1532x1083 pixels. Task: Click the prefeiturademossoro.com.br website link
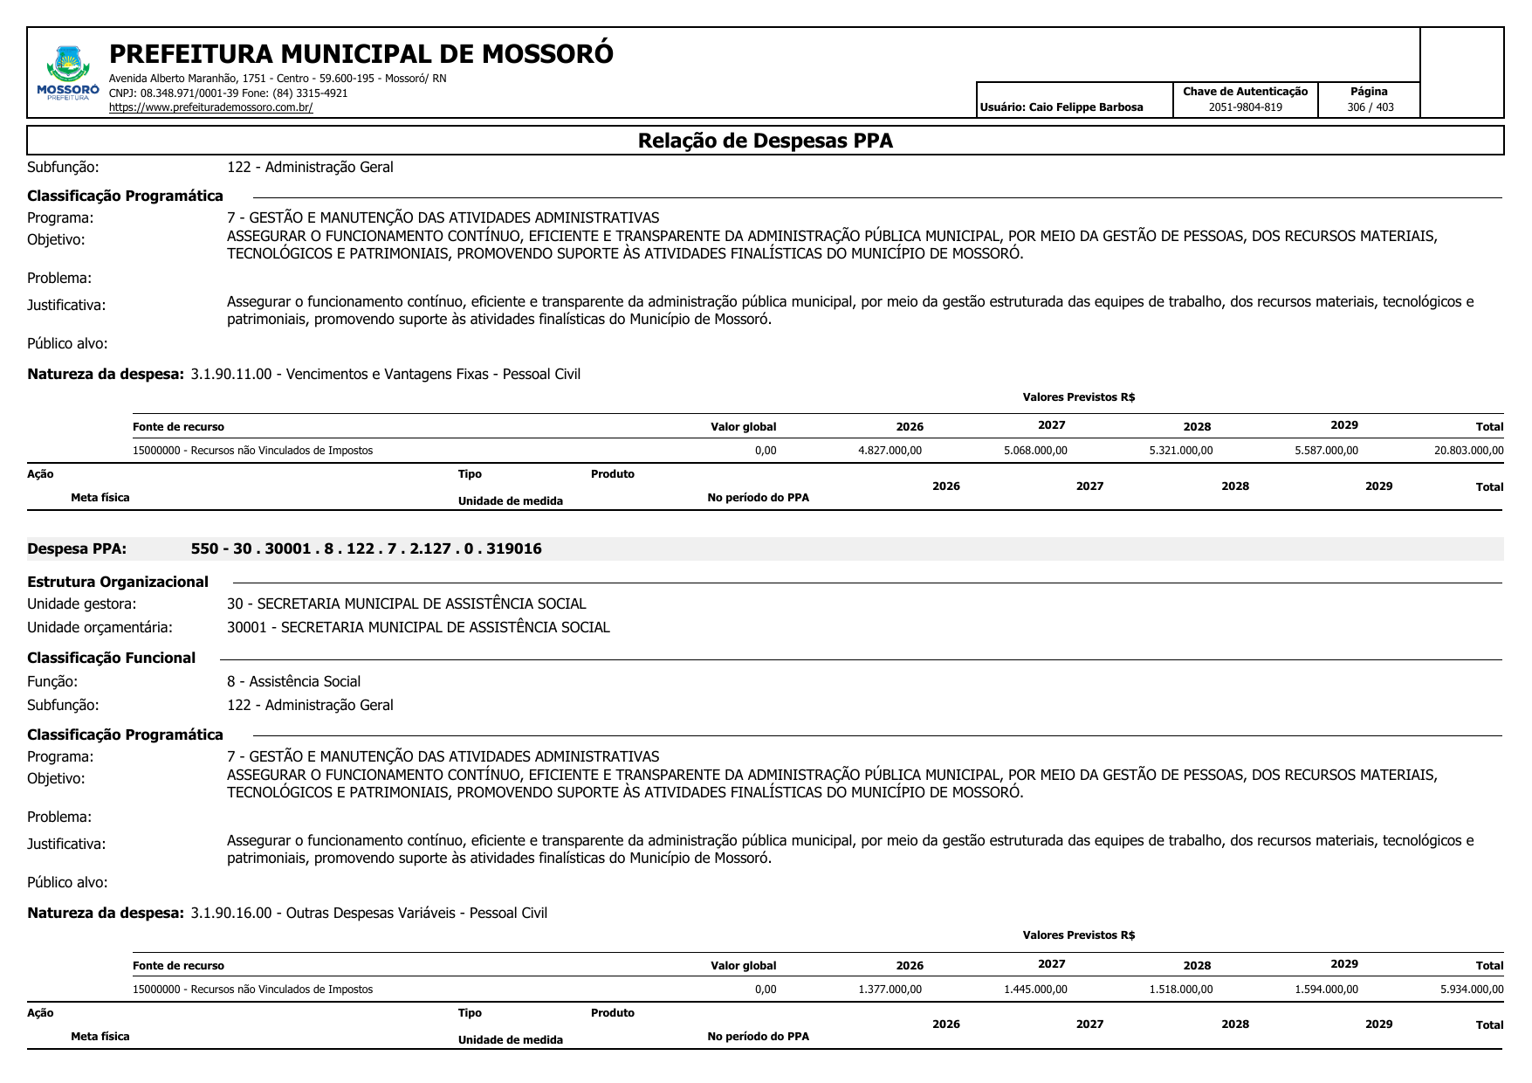(x=210, y=107)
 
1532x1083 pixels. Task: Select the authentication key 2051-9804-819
(x=1245, y=107)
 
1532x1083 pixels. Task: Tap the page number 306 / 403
(x=1370, y=107)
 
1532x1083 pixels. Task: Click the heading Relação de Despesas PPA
(x=765, y=141)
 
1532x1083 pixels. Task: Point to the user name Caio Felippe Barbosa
(x=1085, y=107)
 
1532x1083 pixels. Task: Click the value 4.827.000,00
(x=890, y=451)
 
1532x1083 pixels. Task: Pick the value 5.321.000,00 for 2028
(x=1180, y=451)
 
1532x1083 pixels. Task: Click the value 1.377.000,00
(x=890, y=990)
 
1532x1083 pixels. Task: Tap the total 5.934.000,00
(x=1472, y=990)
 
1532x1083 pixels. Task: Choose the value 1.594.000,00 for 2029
(x=1326, y=990)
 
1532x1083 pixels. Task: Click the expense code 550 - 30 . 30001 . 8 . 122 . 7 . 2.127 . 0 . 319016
(x=366, y=548)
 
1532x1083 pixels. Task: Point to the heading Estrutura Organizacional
(x=118, y=582)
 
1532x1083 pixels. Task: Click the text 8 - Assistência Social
(x=293, y=681)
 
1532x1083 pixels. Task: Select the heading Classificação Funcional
(x=111, y=658)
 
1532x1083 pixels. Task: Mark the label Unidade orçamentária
(x=100, y=627)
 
